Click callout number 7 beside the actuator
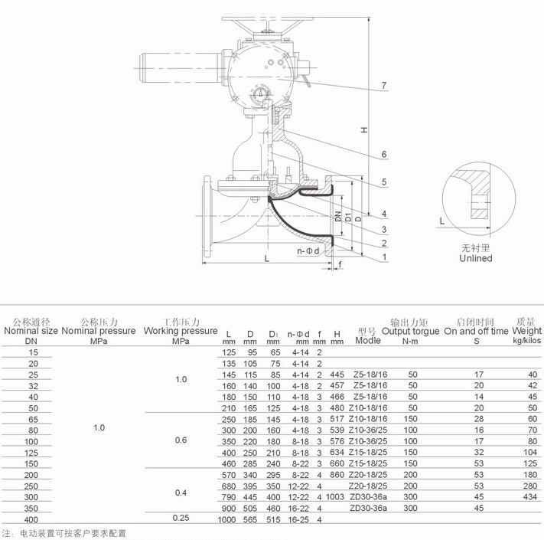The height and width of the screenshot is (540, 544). tap(384, 85)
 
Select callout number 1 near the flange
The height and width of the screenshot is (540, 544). tap(384, 257)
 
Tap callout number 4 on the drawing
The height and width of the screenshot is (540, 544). tap(384, 214)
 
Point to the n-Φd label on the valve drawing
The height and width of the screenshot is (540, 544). tap(308, 250)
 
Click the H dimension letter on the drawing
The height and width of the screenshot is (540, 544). tap(363, 130)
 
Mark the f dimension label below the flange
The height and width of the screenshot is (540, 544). tap(340, 264)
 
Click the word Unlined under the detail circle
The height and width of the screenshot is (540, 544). tap(476, 258)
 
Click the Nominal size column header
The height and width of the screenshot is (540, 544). tap(31, 331)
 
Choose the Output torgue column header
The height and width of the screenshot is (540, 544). tap(410, 331)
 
